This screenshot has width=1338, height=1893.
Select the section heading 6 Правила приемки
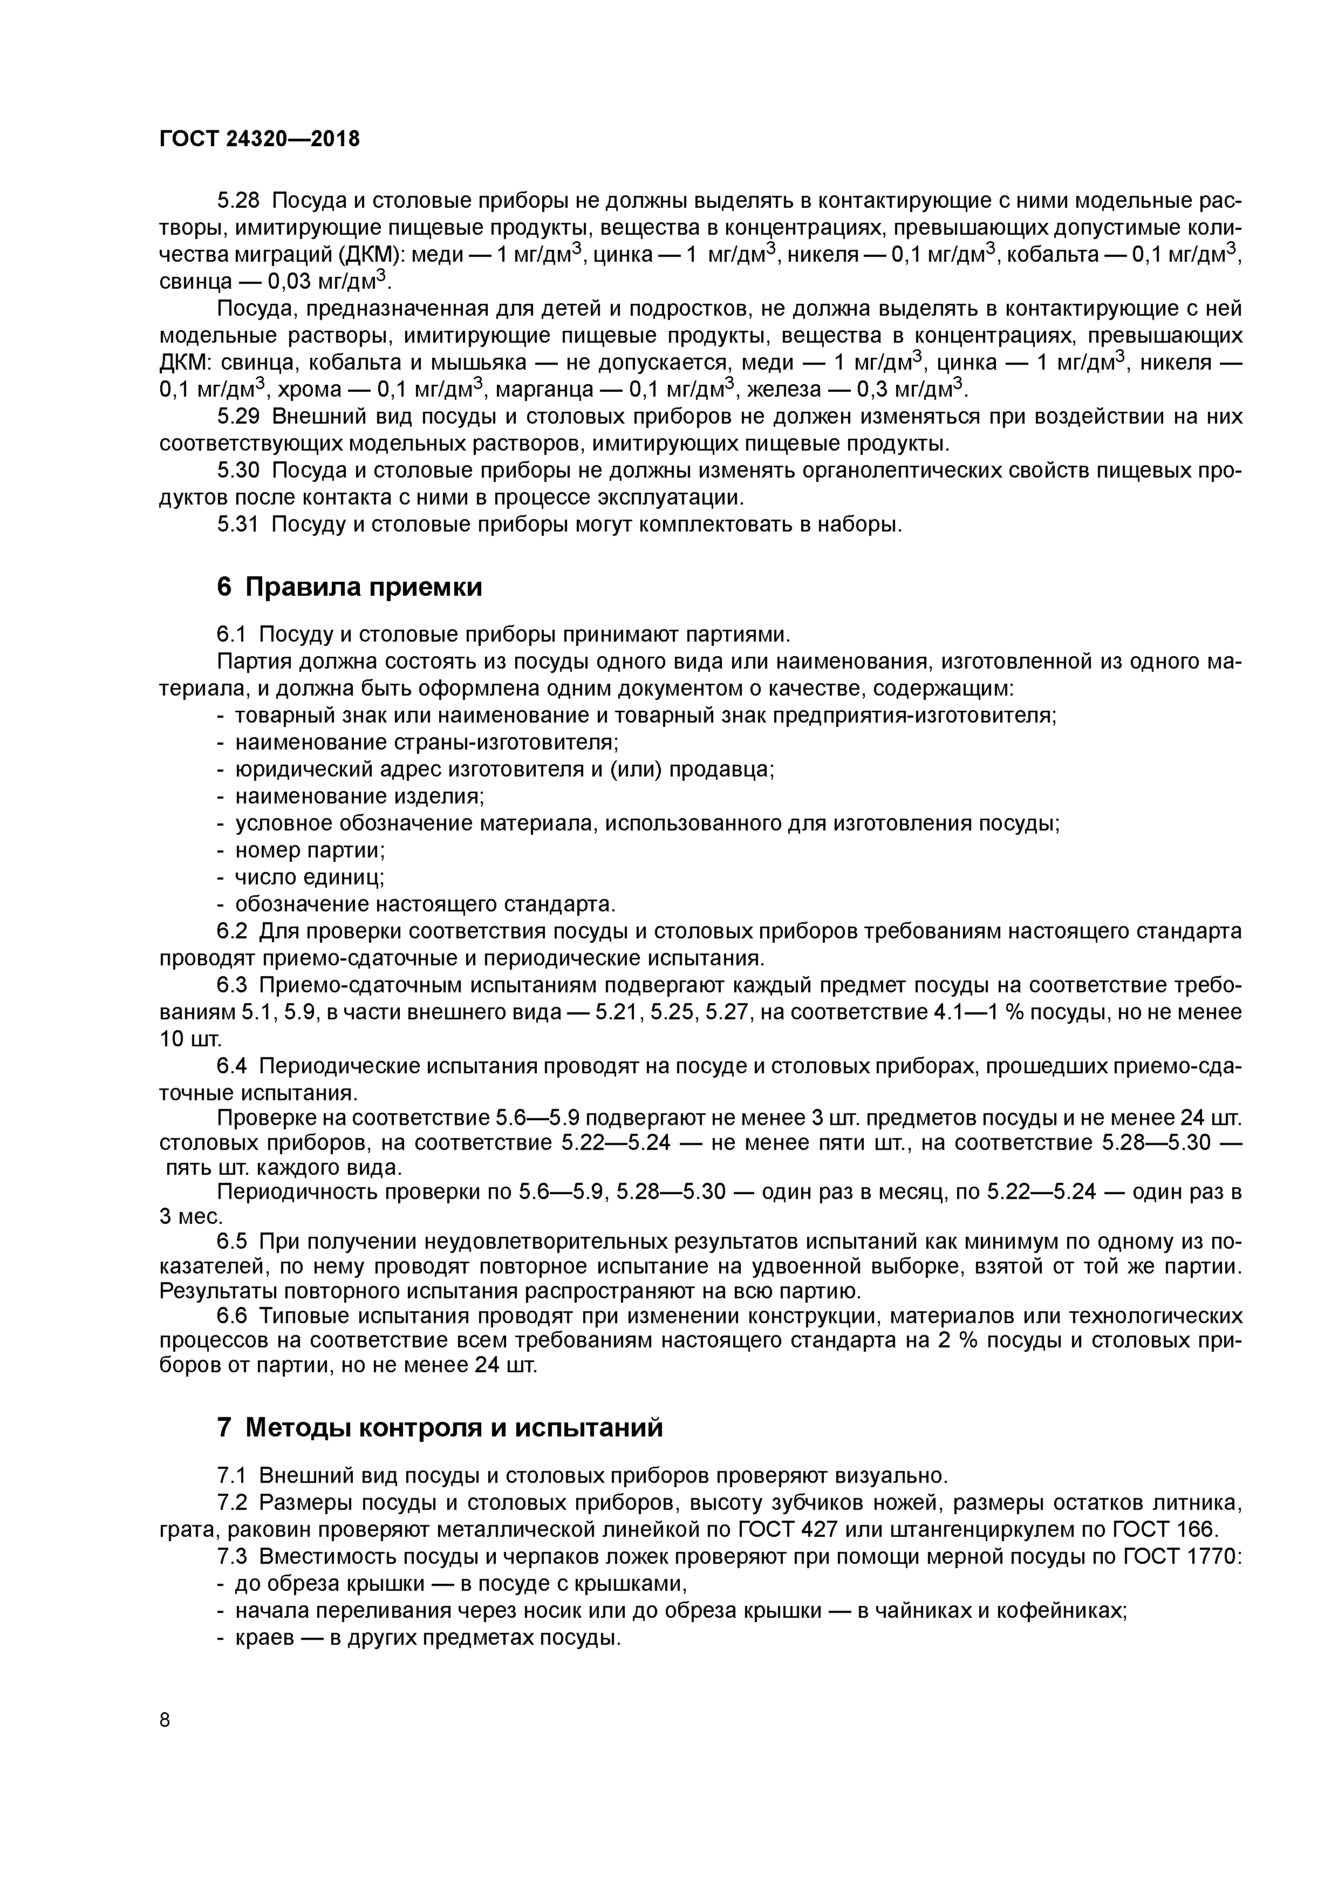click(350, 587)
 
